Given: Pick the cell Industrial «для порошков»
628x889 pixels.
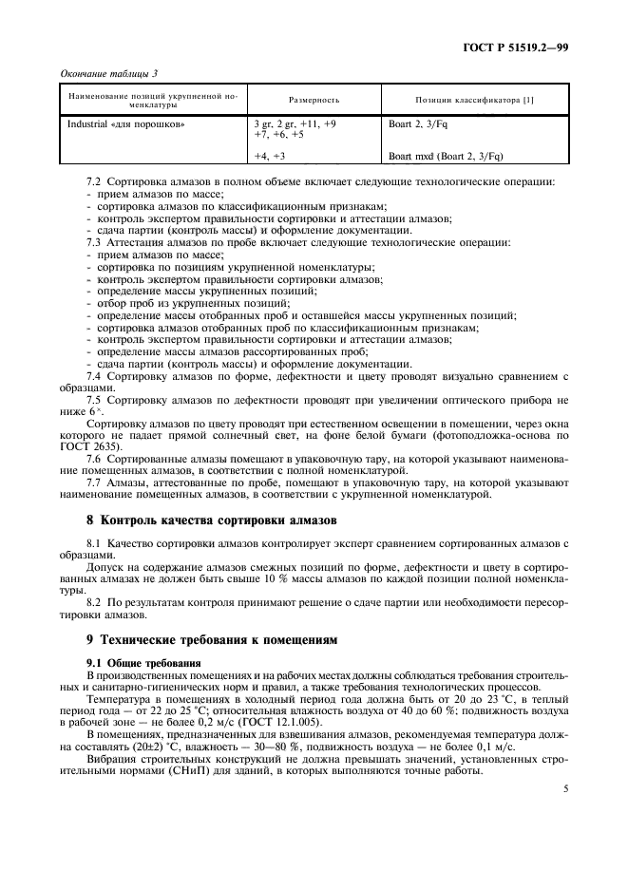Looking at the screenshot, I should (125, 123).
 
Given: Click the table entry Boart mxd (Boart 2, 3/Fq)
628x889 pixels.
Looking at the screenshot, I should (446, 155).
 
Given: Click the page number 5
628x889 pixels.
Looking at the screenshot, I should (564, 787).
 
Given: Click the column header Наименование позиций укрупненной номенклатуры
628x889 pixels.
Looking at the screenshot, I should (152, 100).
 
